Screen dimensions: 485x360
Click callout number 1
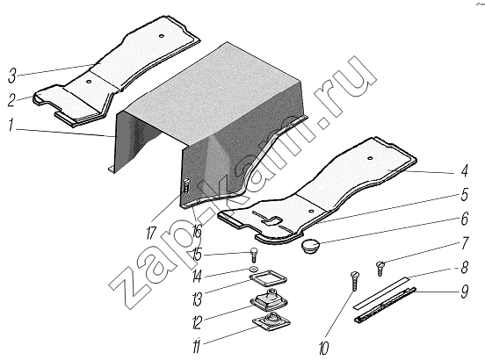click(x=11, y=125)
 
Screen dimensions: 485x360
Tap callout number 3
click(x=12, y=76)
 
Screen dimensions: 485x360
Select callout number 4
click(x=464, y=171)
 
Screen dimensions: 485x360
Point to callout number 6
click(x=465, y=219)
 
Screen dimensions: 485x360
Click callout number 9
click(x=465, y=292)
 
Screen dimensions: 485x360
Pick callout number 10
click(x=324, y=348)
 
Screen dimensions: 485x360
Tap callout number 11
click(x=197, y=346)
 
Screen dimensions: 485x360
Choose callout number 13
click(x=197, y=299)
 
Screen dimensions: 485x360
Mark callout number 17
click(x=151, y=234)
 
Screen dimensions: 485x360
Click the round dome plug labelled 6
click(x=311, y=245)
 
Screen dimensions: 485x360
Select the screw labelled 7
click(x=380, y=269)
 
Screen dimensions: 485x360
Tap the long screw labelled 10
click(x=355, y=281)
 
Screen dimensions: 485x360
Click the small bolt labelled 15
click(x=253, y=255)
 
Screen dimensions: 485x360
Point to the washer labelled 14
click(x=253, y=269)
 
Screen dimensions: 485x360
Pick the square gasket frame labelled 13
click(x=268, y=279)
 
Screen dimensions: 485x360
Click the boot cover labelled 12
click(x=269, y=300)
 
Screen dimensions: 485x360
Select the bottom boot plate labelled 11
click(x=271, y=321)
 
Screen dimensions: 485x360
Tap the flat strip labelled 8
click(x=381, y=292)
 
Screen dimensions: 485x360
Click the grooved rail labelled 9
click(x=385, y=305)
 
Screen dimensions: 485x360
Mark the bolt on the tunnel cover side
click(x=186, y=186)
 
